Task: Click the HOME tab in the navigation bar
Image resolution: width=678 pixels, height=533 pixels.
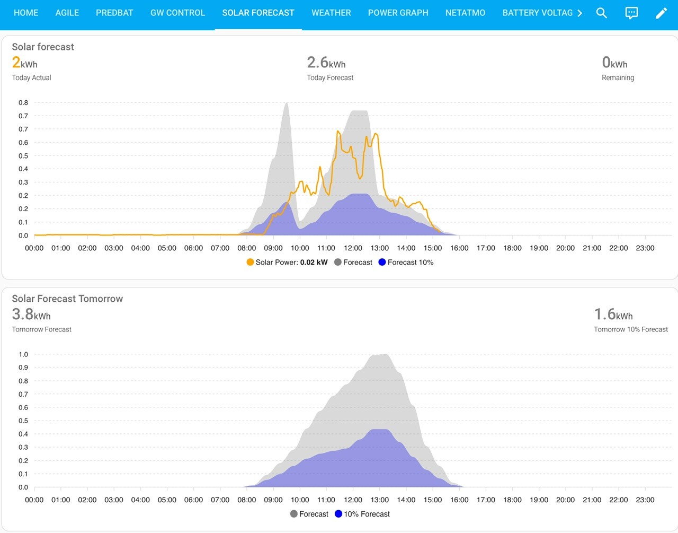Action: pyautogui.click(x=26, y=13)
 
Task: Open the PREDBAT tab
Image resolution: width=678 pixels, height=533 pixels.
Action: pyautogui.click(x=114, y=13)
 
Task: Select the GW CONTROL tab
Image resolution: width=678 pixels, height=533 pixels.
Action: pyautogui.click(x=177, y=13)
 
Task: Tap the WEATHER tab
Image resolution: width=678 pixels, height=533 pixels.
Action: pyautogui.click(x=331, y=13)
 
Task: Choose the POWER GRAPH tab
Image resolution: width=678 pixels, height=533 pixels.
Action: pyautogui.click(x=398, y=13)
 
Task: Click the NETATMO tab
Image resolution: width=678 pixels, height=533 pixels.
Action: pyautogui.click(x=465, y=13)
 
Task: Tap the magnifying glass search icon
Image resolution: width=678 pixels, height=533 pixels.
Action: pyautogui.click(x=601, y=13)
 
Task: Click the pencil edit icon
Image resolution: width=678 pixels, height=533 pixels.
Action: pyautogui.click(x=661, y=13)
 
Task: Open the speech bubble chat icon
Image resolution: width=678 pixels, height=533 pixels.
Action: pyautogui.click(x=631, y=13)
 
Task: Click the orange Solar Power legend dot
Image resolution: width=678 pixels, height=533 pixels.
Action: pyautogui.click(x=250, y=262)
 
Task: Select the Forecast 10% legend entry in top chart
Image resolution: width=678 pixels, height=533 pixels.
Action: pyautogui.click(x=406, y=262)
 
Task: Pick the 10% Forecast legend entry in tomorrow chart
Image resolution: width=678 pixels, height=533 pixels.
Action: pyautogui.click(x=362, y=513)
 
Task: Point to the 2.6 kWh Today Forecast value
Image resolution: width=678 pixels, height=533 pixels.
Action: pyautogui.click(x=326, y=63)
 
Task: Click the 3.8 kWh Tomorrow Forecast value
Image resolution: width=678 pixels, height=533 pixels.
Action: pyautogui.click(x=31, y=314)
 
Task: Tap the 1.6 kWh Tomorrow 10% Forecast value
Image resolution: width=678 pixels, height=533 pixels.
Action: pyautogui.click(x=613, y=314)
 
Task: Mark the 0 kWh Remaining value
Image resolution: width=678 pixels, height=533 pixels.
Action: pyautogui.click(x=614, y=63)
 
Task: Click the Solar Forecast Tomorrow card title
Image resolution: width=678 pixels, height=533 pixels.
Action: pyautogui.click(x=67, y=299)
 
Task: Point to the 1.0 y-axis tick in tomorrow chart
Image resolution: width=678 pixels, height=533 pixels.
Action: pyautogui.click(x=23, y=354)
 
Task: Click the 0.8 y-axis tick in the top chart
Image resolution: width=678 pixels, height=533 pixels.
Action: pyautogui.click(x=23, y=102)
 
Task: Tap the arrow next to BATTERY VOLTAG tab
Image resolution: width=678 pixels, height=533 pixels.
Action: pyautogui.click(x=579, y=13)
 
